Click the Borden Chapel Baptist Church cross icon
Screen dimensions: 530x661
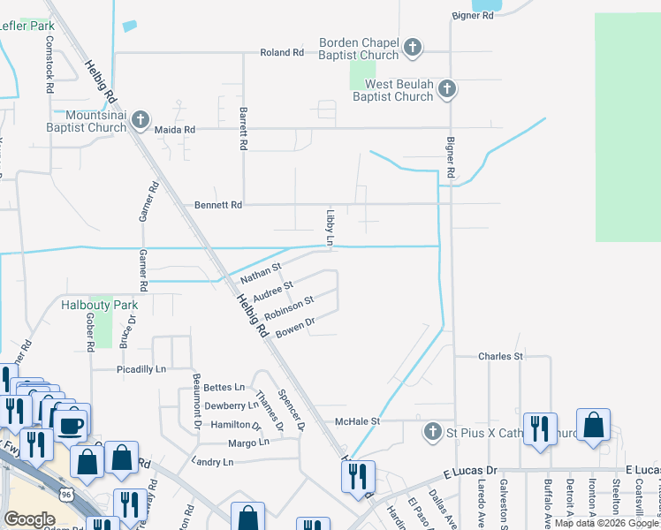pos(412,46)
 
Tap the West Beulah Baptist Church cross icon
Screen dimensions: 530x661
pos(448,89)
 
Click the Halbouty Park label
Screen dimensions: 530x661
pos(100,305)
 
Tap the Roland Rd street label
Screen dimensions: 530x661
pos(282,53)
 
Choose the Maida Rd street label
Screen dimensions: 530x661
pos(174,129)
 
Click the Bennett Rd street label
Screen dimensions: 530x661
pos(218,205)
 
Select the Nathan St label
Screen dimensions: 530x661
pos(261,273)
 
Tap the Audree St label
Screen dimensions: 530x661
pos(272,291)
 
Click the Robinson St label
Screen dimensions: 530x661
pos(289,309)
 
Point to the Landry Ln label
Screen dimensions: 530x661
pos(212,462)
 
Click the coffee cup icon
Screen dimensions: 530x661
pos(71,426)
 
